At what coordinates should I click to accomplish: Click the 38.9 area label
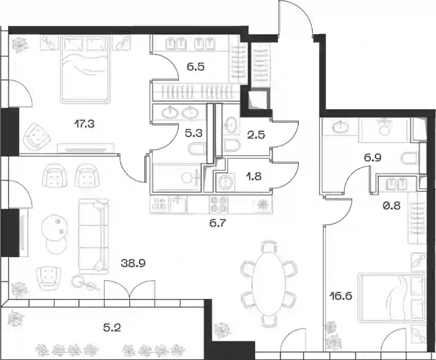coord(134,263)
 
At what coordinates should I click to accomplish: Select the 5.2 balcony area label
coord(112,328)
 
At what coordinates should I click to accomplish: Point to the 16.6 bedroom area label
coord(341,296)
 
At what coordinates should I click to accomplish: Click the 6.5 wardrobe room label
coord(196,67)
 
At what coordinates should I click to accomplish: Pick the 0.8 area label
coord(391,206)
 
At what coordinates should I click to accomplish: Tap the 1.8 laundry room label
coord(254,176)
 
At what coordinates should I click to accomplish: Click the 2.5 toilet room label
coord(256,135)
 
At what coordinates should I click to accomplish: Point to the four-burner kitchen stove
coord(219,205)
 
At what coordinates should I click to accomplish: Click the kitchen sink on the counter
coord(177,205)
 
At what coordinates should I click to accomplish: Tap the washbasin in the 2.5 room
coord(231,125)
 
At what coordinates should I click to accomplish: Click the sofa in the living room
coord(93,236)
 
